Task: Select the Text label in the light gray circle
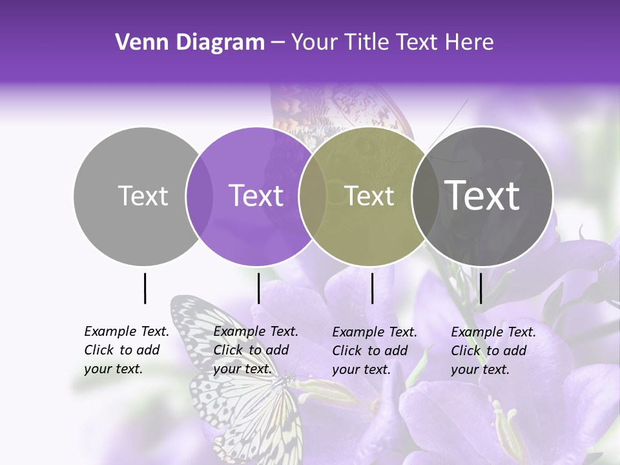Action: coord(143,196)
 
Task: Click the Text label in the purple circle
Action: coord(256,196)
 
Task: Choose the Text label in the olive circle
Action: coord(369,196)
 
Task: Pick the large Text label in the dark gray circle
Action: coord(482,196)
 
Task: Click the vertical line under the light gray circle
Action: coord(145,288)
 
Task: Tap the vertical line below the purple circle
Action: coord(258,288)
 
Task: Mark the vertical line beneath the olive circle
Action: coord(372,288)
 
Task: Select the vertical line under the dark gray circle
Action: coord(480,288)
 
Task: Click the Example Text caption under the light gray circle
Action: coord(127,350)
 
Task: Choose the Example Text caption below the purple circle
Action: coord(256,350)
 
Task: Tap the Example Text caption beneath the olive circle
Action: coord(375,351)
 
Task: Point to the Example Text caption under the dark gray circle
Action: coord(493,351)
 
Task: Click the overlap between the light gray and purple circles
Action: coord(200,196)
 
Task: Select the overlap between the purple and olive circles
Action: coord(313,196)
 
